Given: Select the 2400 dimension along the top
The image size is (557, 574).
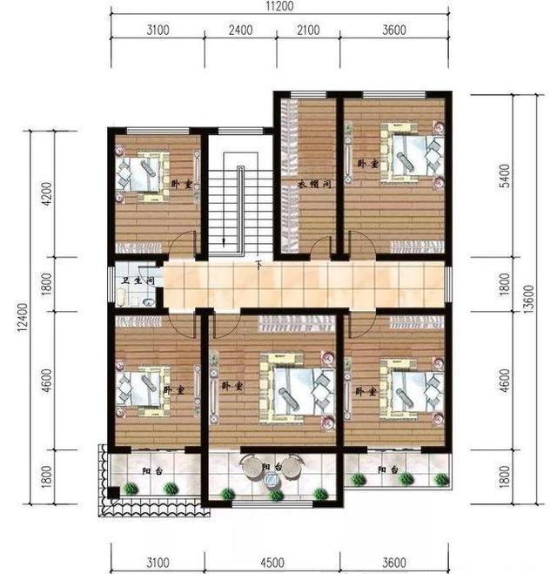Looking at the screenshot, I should pos(240,31).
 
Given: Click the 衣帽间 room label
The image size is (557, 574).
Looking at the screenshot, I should pos(312,184).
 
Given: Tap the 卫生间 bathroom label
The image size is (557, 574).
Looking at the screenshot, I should pos(138,280).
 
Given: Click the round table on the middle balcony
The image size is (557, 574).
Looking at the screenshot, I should pos(250,468).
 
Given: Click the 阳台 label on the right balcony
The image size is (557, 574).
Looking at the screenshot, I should pos(388,470).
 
